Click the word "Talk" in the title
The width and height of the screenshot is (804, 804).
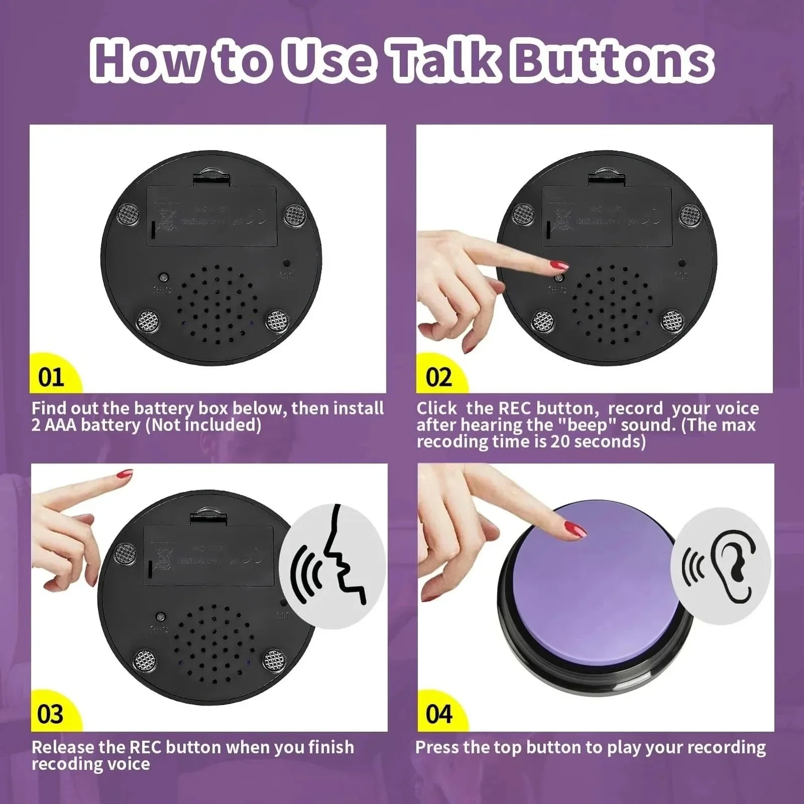point(445,61)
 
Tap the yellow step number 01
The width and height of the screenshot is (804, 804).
point(51,377)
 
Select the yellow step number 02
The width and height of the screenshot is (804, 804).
point(438,377)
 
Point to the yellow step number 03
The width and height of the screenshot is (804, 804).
point(50,714)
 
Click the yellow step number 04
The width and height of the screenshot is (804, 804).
point(439,714)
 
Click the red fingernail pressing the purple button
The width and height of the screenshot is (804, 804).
point(575,529)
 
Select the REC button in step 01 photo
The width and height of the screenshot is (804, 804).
point(163,277)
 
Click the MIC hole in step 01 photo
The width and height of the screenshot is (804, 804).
point(286,263)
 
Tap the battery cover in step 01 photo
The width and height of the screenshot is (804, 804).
point(212,216)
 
